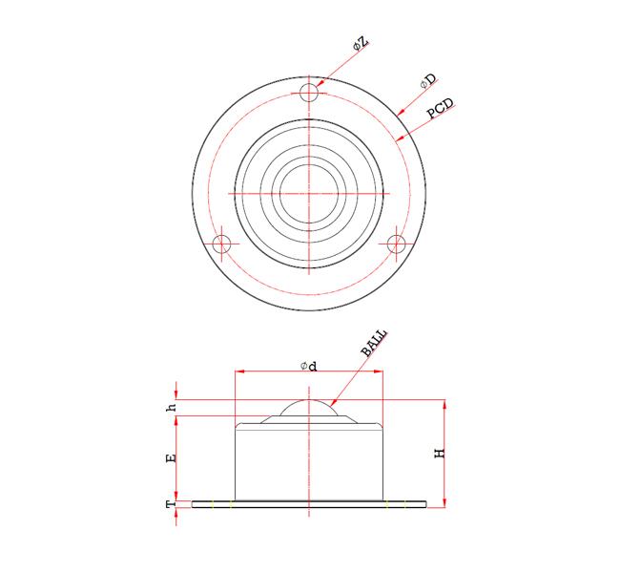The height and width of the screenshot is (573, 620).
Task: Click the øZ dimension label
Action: pos(360,43)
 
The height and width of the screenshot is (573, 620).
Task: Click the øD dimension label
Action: pos(428,82)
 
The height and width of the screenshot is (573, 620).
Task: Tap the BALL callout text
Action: pos(374,343)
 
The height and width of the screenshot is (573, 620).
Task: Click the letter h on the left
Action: pos(172,408)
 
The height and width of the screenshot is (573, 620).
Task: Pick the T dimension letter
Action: pos(172,503)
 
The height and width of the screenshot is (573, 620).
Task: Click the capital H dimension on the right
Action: pos(441,454)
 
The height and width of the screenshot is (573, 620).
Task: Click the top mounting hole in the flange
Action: pos(308,92)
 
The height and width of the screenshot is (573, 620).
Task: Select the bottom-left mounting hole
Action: pos(222,244)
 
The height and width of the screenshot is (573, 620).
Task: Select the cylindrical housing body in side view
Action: pos(309,460)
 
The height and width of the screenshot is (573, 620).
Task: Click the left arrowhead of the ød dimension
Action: pos(239,372)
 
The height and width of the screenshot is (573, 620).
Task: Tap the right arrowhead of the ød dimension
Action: pos(379,372)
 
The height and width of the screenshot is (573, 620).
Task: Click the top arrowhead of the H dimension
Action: pos(445,403)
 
